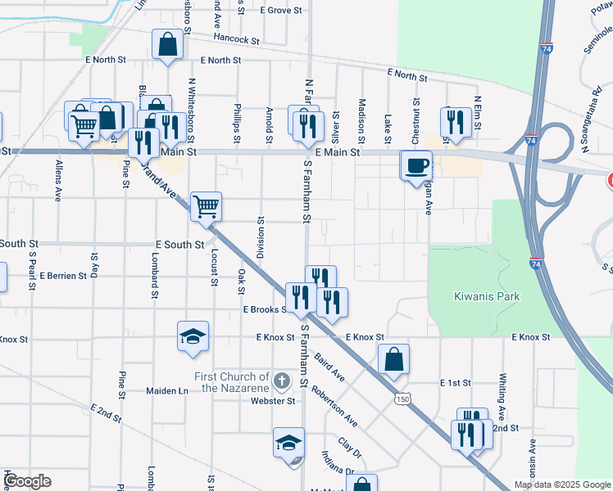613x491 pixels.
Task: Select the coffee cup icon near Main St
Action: coord(415,165)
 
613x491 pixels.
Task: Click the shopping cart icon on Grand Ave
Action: coord(207,205)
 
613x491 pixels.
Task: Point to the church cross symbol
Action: coord(282,381)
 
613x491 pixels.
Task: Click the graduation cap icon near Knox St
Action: coord(193,336)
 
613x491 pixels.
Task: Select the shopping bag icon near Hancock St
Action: coord(167,45)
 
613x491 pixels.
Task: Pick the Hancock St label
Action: coord(236,38)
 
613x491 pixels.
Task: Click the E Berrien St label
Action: coord(62,276)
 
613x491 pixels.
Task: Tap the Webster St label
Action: coord(273,401)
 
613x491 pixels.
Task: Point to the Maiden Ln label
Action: coord(167,391)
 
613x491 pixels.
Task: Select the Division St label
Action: coord(261,237)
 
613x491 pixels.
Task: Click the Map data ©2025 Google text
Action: coord(561,484)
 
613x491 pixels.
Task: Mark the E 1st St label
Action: coord(456,383)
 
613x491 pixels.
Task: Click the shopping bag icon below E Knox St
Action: coord(394,359)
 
